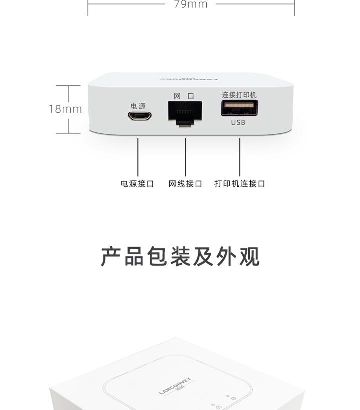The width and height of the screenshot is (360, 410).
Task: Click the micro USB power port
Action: [x=139, y=116]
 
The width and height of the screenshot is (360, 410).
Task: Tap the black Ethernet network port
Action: [x=185, y=113]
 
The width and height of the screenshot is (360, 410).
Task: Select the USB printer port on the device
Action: [x=239, y=108]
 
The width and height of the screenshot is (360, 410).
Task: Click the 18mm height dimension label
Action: [x=65, y=109]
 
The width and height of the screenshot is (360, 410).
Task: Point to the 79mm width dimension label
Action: [x=191, y=4]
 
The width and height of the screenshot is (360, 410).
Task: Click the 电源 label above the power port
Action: [x=138, y=106]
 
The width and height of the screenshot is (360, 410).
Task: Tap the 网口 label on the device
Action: [x=184, y=96]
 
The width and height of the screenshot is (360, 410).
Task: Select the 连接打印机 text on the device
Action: [x=239, y=95]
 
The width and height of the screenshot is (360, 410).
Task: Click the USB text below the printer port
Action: [x=238, y=122]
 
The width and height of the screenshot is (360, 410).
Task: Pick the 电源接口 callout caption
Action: [x=137, y=184]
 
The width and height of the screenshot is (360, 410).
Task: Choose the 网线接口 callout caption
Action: [x=185, y=184]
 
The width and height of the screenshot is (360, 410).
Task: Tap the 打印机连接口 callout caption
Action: [x=240, y=184]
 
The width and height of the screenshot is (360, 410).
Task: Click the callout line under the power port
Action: [x=138, y=157]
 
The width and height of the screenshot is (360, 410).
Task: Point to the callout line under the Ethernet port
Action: [x=185, y=157]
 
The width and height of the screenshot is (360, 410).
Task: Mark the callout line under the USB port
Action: [x=240, y=157]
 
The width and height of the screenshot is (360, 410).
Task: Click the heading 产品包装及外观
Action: [x=180, y=257]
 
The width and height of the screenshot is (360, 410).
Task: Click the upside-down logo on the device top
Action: [x=189, y=79]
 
